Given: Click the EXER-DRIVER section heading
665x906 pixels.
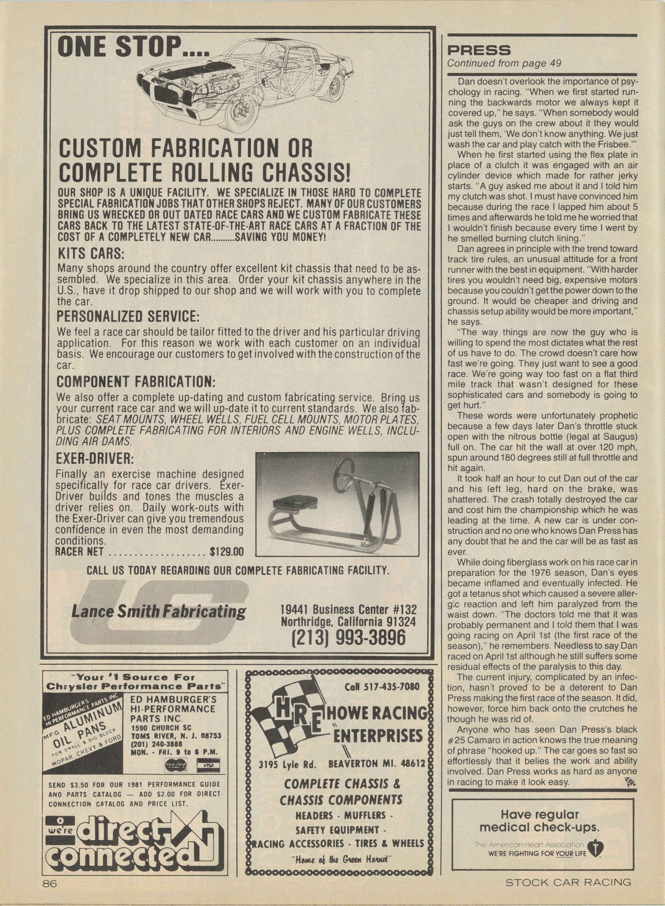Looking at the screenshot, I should pos(95,458).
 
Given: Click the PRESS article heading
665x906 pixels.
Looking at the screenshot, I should pos(479,51).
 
